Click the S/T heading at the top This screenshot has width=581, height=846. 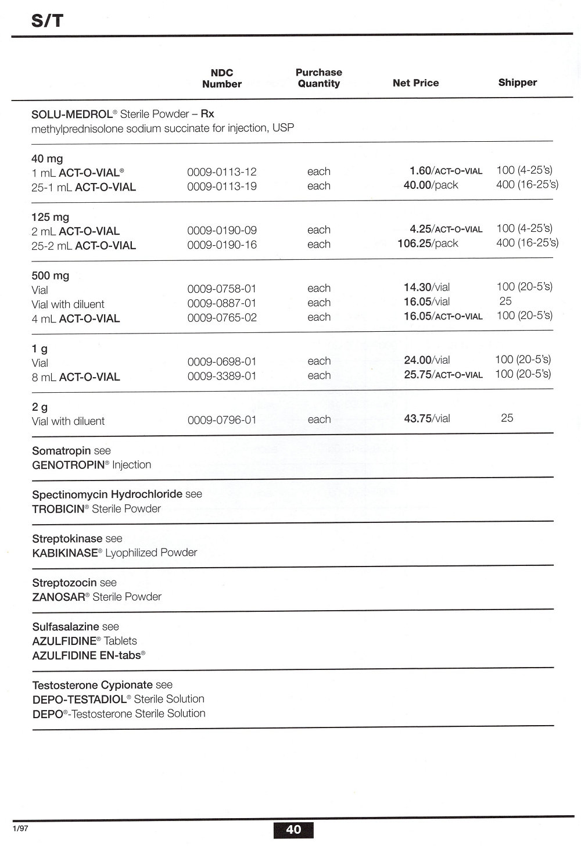47,21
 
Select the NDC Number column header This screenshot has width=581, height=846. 221,78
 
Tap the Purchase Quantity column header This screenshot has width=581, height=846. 318,78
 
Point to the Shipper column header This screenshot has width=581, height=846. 517,83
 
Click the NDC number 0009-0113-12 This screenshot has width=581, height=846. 221,172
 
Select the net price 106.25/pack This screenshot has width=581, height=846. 428,243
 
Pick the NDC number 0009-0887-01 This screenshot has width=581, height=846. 221,303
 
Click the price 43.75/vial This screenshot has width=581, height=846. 426,418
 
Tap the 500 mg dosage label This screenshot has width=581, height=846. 50,275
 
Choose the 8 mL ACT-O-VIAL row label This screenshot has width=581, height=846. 76,377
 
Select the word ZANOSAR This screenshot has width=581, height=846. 59,597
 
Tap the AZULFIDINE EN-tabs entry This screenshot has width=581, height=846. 88,655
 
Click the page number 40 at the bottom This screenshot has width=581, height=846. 293,829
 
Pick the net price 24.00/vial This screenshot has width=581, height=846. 426,360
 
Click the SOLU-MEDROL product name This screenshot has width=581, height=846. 71,114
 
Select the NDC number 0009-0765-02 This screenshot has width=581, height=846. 221,318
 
